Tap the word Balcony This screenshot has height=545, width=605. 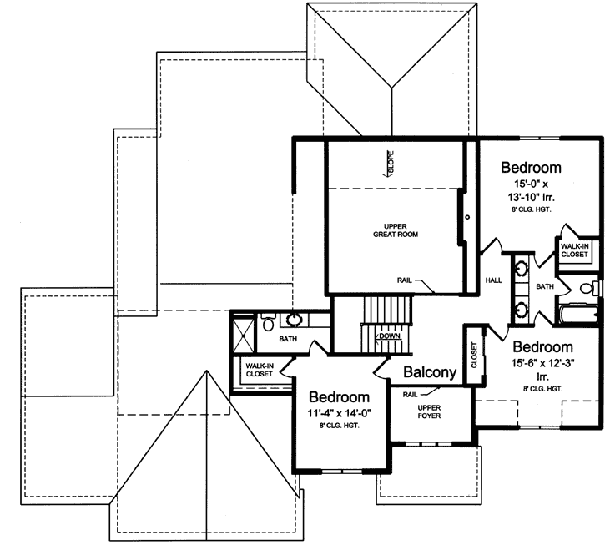pyautogui.click(x=430, y=373)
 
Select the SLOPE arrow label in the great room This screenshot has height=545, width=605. pyautogui.click(x=390, y=162)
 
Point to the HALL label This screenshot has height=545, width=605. pyautogui.click(x=493, y=280)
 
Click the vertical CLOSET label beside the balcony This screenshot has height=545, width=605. pyautogui.click(x=474, y=354)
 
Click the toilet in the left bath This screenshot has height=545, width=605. pyautogui.click(x=268, y=321)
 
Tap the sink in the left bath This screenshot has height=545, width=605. pyautogui.click(x=295, y=319)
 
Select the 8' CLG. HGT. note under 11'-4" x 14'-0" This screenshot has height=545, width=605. pyautogui.click(x=340, y=427)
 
